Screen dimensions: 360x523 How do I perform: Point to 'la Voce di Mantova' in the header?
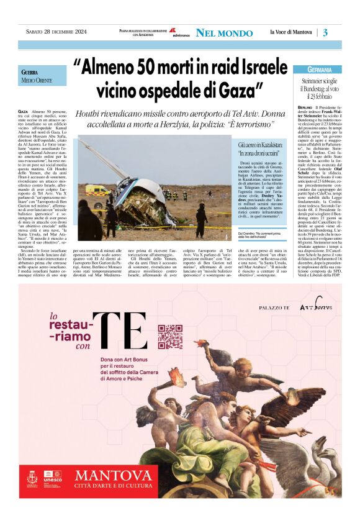tap(292, 32)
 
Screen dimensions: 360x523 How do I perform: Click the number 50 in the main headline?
tap(142, 64)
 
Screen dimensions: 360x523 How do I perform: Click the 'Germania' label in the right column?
tap(323, 69)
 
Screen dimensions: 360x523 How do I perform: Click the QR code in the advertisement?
tap(169, 336)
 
